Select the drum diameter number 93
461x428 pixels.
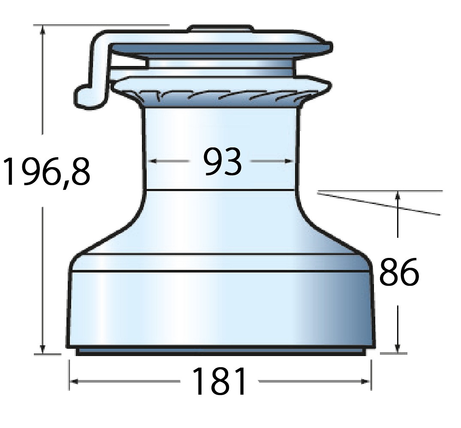[x=223, y=162]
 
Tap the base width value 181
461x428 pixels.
[x=219, y=381]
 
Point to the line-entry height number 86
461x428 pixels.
[x=399, y=272]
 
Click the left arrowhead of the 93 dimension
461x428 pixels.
[x=153, y=161]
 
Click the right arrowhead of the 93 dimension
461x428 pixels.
[x=289, y=161]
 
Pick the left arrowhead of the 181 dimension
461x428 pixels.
[x=74, y=381]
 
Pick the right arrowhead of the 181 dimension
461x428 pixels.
[x=366, y=381]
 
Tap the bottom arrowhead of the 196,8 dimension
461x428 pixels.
[x=43, y=349]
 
